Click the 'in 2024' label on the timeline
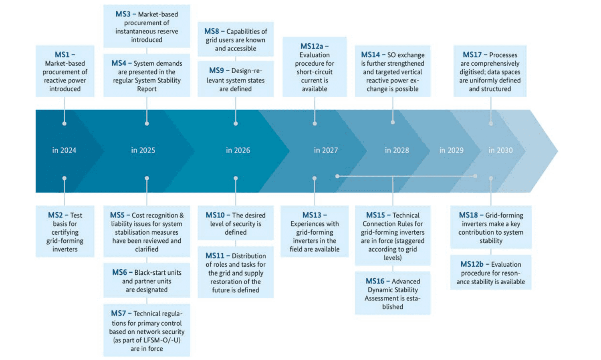pyautogui.click(x=64, y=151)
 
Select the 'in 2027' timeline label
pyautogui.click(x=326, y=151)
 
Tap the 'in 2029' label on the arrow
pyautogui.click(x=451, y=151)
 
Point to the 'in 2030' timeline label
pyautogui.click(x=500, y=151)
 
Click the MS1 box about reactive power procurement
pyautogui.click(x=65, y=72)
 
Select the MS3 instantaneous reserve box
pyautogui.click(x=147, y=26)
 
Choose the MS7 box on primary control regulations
pyautogui.click(x=147, y=331)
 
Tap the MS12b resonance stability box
pyautogui.click(x=491, y=273)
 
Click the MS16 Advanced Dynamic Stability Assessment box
pyautogui.click(x=393, y=294)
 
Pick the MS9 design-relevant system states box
pyautogui.click(x=236, y=79)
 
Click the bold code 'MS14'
pyautogui.click(x=370, y=55)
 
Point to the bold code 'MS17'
pyautogui.click(x=472, y=55)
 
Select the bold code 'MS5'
pyautogui.click(x=117, y=215)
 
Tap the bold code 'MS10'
pyautogui.click(x=215, y=215)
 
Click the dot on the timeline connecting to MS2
pyautogui.click(x=65, y=178)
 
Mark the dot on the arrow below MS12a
pyautogui.click(x=315, y=124)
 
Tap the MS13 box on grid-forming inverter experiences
pyautogui.click(x=315, y=232)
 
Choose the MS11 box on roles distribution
pyautogui.click(x=236, y=273)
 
